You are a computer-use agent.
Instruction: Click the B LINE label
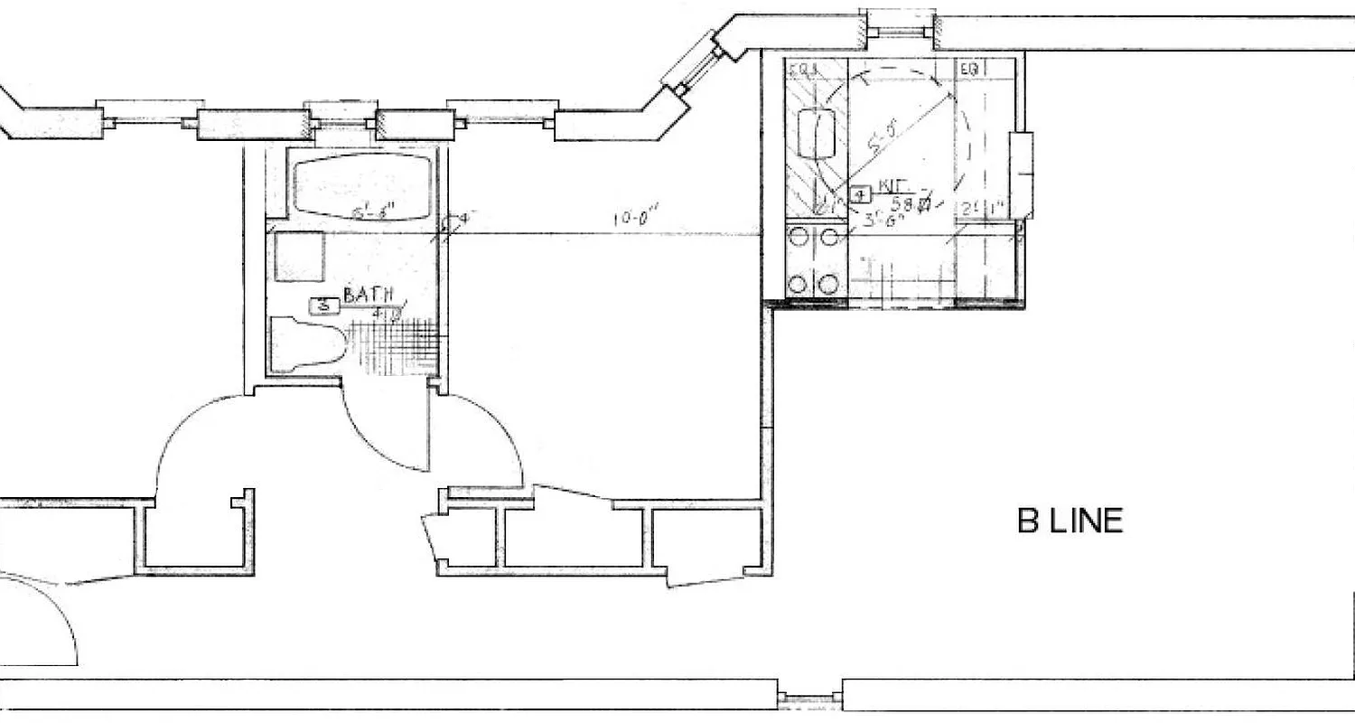[1070, 521]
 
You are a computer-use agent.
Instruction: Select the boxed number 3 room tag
[323, 306]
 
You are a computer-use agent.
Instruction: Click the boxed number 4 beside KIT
[860, 194]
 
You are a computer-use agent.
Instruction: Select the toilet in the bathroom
[307, 344]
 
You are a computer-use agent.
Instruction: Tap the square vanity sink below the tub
[299, 257]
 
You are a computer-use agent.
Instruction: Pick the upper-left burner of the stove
[798, 238]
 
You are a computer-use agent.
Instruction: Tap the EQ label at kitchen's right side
[970, 69]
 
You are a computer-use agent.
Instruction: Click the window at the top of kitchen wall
[898, 31]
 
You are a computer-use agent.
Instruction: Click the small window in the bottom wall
[809, 699]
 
